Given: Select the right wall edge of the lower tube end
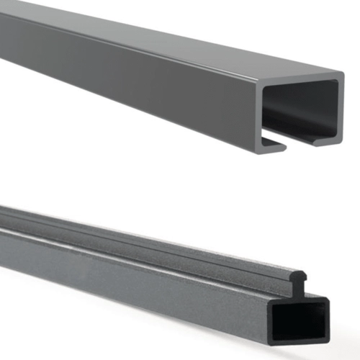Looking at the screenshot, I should pos(325,320).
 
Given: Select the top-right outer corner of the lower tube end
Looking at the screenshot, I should pos(328,297).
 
